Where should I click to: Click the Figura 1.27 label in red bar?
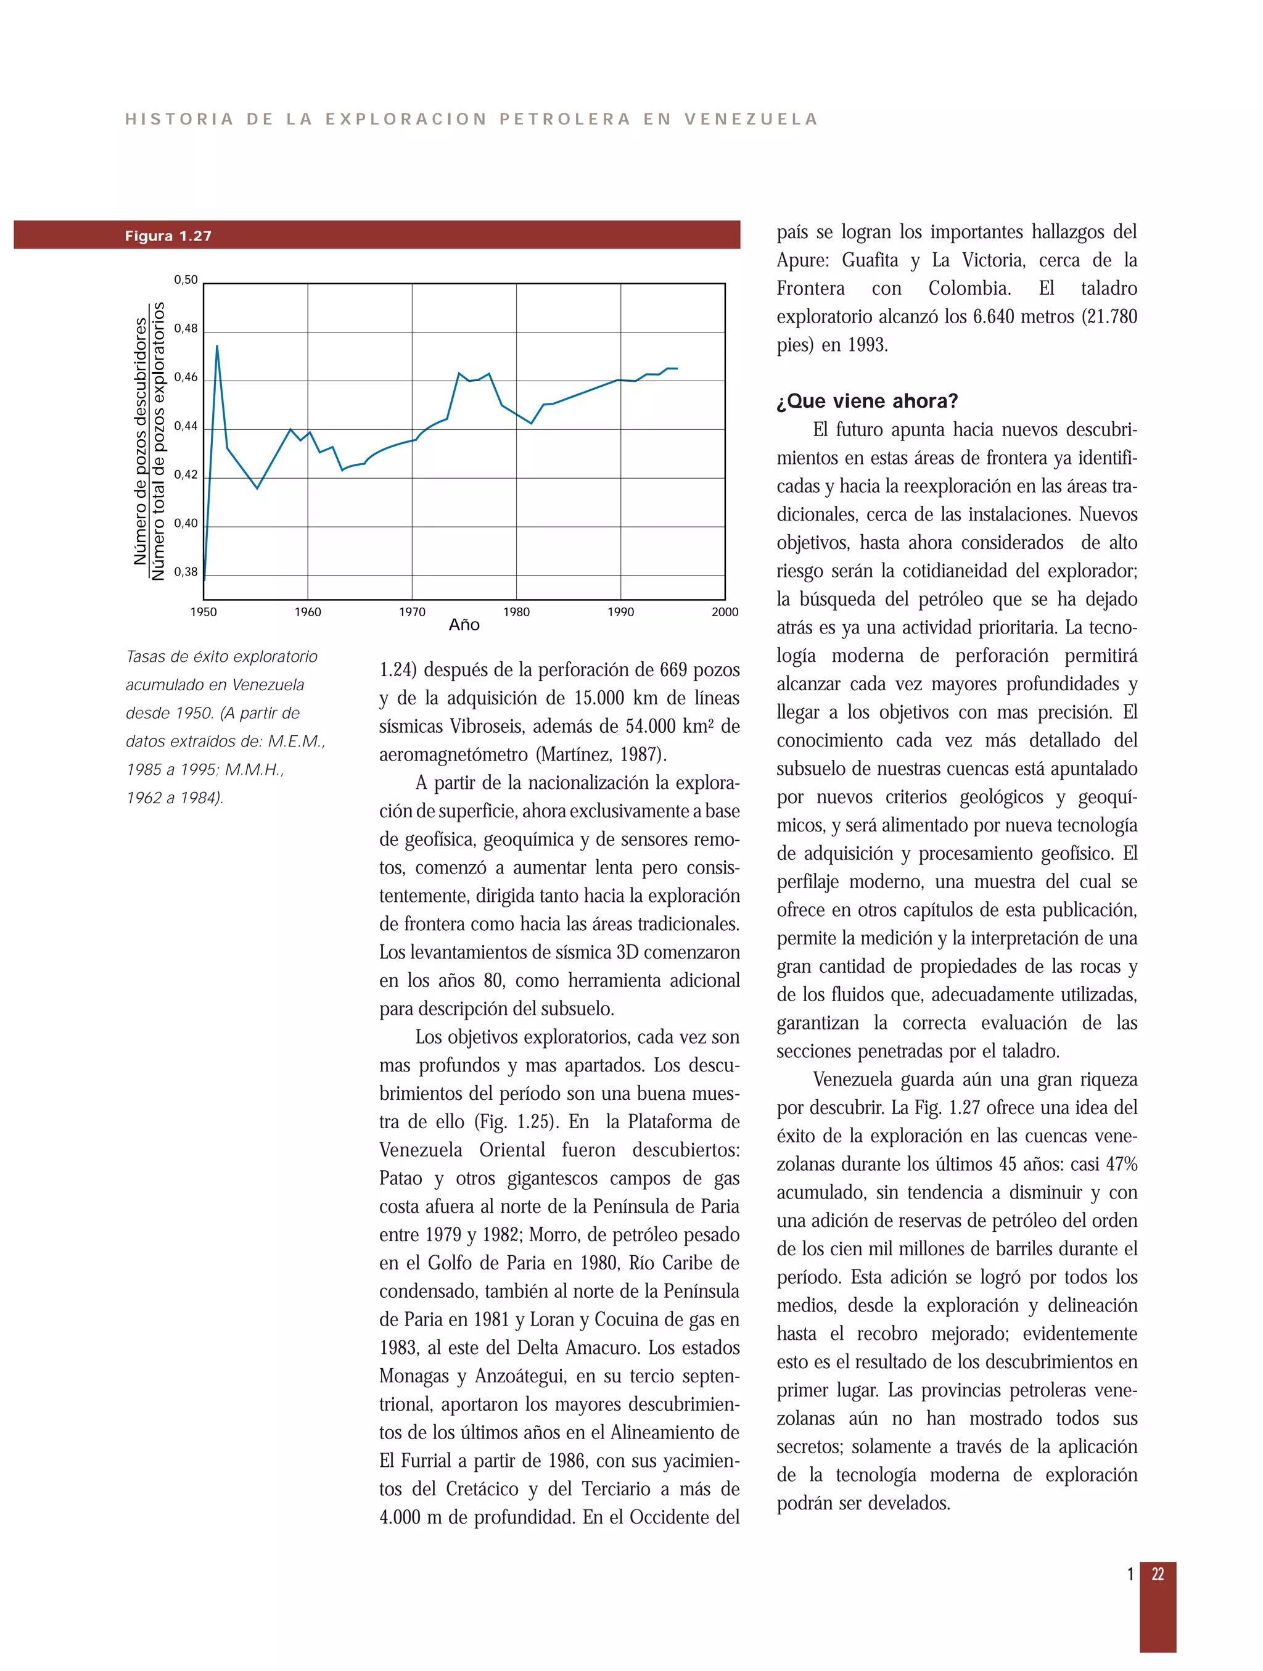point(168,236)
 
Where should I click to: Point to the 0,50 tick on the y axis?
point(186,280)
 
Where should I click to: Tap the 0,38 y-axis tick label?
point(186,572)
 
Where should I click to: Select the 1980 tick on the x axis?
point(516,612)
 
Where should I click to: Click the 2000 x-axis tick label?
point(725,612)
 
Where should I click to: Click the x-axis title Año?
point(464,625)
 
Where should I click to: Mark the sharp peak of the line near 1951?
point(217,346)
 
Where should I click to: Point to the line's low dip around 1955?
point(257,488)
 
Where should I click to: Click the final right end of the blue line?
point(677,369)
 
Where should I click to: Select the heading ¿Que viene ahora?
point(867,401)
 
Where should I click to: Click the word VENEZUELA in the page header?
point(751,120)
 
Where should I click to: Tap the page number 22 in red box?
point(1158,1574)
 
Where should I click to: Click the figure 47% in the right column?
point(1121,1164)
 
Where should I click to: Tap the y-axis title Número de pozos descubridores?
point(141,442)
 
